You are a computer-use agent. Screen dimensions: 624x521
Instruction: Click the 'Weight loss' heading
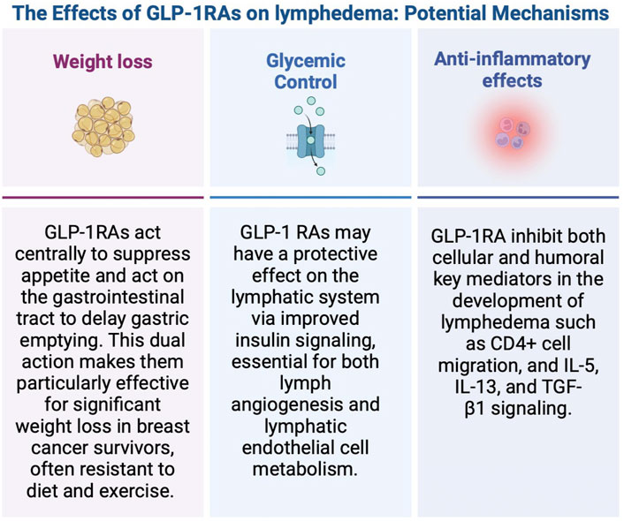click(103, 62)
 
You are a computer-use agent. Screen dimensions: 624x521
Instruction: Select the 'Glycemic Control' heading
click(306, 72)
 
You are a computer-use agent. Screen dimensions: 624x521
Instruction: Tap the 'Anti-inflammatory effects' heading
click(512, 70)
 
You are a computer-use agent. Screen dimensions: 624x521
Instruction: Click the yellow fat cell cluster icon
click(103, 126)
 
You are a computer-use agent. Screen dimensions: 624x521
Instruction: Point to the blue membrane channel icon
click(311, 140)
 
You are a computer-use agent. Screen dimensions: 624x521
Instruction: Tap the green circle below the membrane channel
click(321, 171)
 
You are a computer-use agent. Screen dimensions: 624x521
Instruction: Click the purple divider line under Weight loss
click(103, 197)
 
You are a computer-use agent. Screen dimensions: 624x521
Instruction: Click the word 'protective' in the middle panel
click(336, 254)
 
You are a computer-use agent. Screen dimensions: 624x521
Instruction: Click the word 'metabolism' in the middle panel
click(305, 469)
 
